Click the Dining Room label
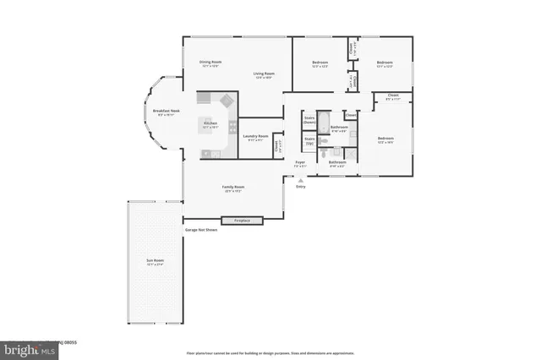pyautogui.click(x=210, y=63)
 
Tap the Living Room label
pyautogui.click(x=265, y=74)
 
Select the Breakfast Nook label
pyautogui.click(x=165, y=112)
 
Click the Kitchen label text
pyautogui.click(x=210, y=124)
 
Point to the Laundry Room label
pyautogui.click(x=255, y=137)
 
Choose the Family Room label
pyautogui.click(x=233, y=188)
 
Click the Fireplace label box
pyautogui.click(x=242, y=221)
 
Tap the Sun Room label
pyautogui.click(x=154, y=262)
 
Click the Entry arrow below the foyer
pyautogui.click(x=301, y=181)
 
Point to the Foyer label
pyautogui.click(x=300, y=162)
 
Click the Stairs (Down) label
pyautogui.click(x=309, y=121)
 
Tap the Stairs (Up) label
pyautogui.click(x=309, y=139)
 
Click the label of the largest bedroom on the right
pyautogui.click(x=385, y=139)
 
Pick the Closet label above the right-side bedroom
pyautogui.click(x=393, y=96)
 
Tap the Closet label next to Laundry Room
pyautogui.click(x=277, y=146)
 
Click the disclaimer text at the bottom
pyautogui.click(x=270, y=352)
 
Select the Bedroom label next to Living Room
pyautogui.click(x=320, y=63)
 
